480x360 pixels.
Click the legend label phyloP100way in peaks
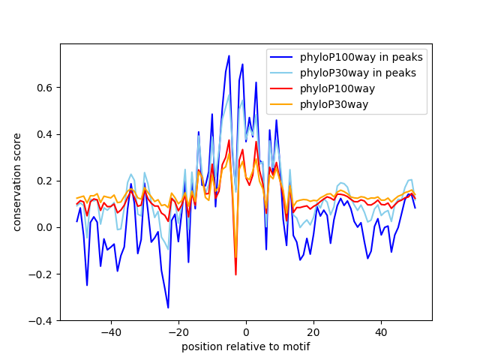click(361, 57)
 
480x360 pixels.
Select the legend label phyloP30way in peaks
click(358, 73)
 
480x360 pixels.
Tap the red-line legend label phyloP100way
click(337, 88)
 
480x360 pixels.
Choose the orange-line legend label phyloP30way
click(334, 104)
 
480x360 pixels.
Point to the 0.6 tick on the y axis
click(45, 88)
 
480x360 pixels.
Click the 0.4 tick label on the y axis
click(45, 134)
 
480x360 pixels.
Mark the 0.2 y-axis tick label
click(45, 181)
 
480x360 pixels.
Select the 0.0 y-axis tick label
click(45, 227)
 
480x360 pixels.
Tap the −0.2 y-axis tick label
click(40, 274)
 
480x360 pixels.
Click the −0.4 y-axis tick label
click(40, 321)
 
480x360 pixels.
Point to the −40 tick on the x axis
click(111, 332)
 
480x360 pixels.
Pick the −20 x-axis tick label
click(178, 332)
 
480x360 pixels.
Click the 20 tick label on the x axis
click(313, 332)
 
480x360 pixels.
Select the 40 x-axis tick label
click(381, 332)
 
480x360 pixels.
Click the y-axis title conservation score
click(16, 182)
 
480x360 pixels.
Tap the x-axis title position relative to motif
click(246, 346)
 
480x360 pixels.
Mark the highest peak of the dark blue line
click(229, 55)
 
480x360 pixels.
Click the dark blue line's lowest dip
click(168, 307)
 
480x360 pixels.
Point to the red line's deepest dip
click(235, 274)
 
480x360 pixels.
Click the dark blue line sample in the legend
click(281, 57)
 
